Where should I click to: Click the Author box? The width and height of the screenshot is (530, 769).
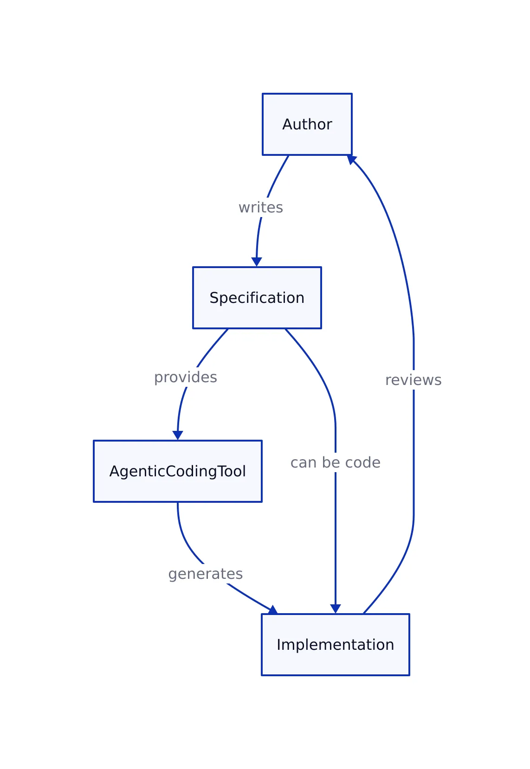pyautogui.click(x=307, y=124)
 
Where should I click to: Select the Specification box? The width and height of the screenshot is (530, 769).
pyautogui.click(x=257, y=298)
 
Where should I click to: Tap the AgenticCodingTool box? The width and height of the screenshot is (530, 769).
pyautogui.click(x=177, y=471)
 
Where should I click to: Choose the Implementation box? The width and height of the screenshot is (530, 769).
pyautogui.click(x=335, y=645)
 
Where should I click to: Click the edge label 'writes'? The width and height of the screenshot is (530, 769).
pyautogui.click(x=260, y=207)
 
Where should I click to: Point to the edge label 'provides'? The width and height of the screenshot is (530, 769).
pyautogui.click(x=185, y=377)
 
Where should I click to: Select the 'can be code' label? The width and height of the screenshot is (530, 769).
pyautogui.click(x=335, y=462)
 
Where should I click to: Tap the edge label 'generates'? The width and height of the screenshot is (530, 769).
pyautogui.click(x=205, y=574)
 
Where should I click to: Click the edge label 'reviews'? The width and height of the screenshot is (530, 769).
pyautogui.click(x=413, y=380)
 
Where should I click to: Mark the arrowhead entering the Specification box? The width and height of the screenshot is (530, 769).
pyautogui.click(x=257, y=263)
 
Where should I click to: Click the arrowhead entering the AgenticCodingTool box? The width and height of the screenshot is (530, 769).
pyautogui.click(x=178, y=436)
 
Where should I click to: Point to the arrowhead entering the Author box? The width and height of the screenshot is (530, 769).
pyautogui.click(x=351, y=160)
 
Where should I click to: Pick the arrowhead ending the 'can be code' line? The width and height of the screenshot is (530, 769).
pyautogui.click(x=336, y=609)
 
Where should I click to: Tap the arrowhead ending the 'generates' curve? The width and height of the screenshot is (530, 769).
pyautogui.click(x=273, y=610)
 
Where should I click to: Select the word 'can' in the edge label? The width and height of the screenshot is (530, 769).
pyautogui.click(x=304, y=462)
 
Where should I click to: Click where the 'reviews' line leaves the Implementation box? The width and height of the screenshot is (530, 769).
pyautogui.click(x=364, y=613)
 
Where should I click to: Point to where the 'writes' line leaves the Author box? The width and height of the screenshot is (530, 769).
pyautogui.click(x=288, y=156)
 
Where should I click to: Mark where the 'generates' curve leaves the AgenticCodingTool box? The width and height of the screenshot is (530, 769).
pyautogui.click(x=178, y=503)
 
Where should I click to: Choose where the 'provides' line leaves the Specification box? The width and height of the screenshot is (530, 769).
pyautogui.click(x=227, y=329)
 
